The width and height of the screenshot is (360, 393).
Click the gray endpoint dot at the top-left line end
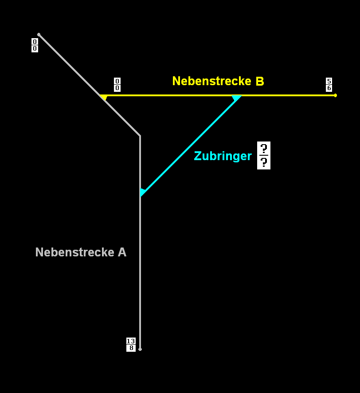[x=39, y=35]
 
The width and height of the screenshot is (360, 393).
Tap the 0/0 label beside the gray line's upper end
[x=35, y=45]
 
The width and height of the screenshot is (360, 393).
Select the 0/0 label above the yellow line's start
[x=117, y=84]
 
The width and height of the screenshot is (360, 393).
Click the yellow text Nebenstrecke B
[x=218, y=81]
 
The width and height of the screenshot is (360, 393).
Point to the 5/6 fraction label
[x=329, y=84]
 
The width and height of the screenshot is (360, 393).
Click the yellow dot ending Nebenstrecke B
[x=335, y=95]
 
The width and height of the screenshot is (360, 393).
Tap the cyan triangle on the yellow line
[x=237, y=98]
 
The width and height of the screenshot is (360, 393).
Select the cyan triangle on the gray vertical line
[x=142, y=192]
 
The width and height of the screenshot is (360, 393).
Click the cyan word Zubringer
[x=223, y=156]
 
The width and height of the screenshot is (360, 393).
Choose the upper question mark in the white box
[x=264, y=149]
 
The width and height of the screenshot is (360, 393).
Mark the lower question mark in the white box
[x=264, y=162]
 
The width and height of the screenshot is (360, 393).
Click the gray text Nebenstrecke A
[x=81, y=252]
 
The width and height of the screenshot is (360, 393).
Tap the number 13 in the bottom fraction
[x=131, y=341]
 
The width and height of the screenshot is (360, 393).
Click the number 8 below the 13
[x=131, y=348]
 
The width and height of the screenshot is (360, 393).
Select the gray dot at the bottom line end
[x=140, y=350]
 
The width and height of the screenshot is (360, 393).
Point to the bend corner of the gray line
[x=140, y=136]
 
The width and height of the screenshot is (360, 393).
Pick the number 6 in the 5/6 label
[x=329, y=88]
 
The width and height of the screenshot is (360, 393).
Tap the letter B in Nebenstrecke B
[x=260, y=81]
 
